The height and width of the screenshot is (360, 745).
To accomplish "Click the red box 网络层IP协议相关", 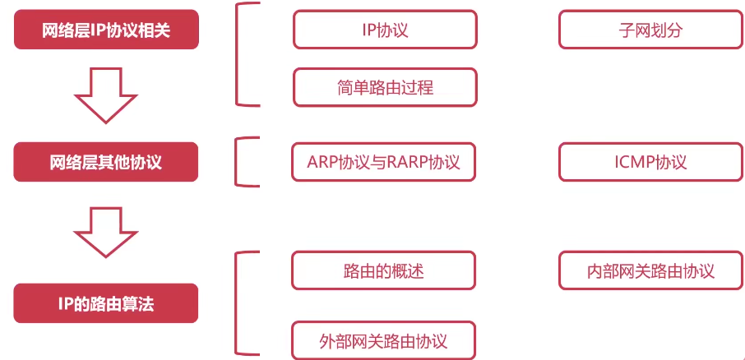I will (106, 30).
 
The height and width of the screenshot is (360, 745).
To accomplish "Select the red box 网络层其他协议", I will (106, 162).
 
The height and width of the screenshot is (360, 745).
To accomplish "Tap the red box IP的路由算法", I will (106, 304).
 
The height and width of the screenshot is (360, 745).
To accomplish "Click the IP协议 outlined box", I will (385, 30).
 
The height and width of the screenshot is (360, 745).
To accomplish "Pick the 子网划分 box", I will (650, 30).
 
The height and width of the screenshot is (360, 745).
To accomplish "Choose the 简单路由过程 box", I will (385, 87).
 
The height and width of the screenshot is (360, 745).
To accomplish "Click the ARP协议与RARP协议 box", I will (385, 162).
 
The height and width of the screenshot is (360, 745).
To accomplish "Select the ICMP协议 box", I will (650, 162).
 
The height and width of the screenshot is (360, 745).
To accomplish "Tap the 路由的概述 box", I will (384, 270).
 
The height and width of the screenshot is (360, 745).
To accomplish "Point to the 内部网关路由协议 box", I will (650, 270).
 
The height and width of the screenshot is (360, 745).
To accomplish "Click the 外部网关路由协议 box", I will (384, 339).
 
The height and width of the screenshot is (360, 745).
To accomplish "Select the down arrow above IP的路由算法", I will (104, 232).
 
